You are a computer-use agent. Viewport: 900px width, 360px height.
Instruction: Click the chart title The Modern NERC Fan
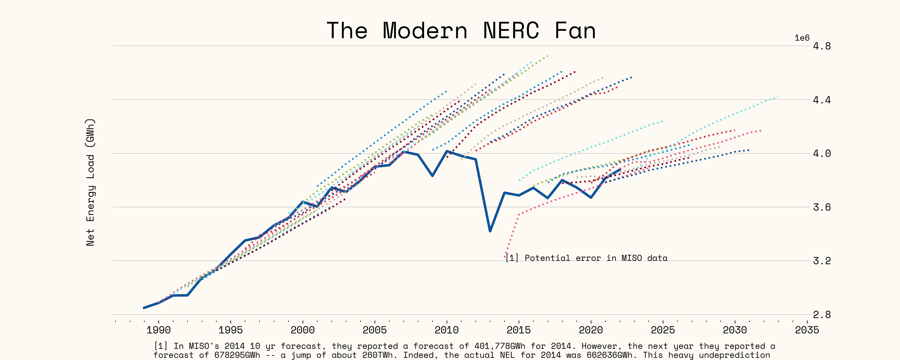click(x=461, y=31)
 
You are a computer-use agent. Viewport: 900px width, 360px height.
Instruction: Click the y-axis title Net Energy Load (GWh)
click(x=90, y=182)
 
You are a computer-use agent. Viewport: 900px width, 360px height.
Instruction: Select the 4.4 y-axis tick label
click(x=822, y=100)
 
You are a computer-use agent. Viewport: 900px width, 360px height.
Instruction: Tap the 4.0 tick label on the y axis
click(x=822, y=153)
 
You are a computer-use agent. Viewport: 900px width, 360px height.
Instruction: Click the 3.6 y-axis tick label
click(x=822, y=207)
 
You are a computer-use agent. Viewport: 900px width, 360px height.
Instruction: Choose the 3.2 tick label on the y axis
click(x=822, y=261)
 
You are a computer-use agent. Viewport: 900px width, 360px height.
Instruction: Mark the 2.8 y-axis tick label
click(x=822, y=315)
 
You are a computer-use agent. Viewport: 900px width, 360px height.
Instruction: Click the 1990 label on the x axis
click(x=159, y=330)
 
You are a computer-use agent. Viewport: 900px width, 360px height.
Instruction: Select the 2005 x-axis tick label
click(x=375, y=330)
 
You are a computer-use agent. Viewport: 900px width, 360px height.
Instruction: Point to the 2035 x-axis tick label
click(x=807, y=330)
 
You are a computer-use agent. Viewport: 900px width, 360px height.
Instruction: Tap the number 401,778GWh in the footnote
click(x=500, y=346)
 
